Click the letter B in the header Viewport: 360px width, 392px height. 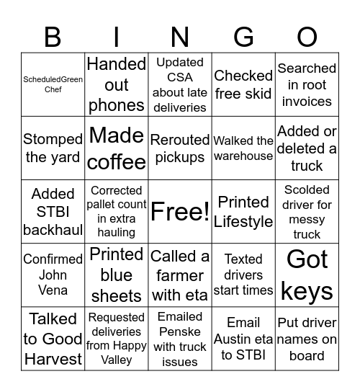click(x=53, y=37)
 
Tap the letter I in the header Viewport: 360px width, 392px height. click(x=116, y=37)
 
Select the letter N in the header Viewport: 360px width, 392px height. click(x=180, y=37)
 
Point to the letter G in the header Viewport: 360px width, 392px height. click(x=243, y=37)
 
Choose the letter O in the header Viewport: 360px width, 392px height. click(x=307, y=37)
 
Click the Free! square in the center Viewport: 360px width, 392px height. click(x=180, y=212)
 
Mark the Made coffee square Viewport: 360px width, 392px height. click(x=117, y=148)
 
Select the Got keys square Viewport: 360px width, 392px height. click(x=307, y=275)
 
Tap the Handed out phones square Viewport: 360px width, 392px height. click(x=117, y=85)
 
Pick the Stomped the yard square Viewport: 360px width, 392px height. click(x=53, y=148)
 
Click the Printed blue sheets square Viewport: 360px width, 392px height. click(x=117, y=275)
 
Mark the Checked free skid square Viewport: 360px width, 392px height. click(x=243, y=85)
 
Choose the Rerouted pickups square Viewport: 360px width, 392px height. click(x=180, y=148)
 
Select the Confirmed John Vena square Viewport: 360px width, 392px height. click(x=53, y=275)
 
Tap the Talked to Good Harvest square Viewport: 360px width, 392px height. click(x=53, y=338)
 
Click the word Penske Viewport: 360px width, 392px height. click(x=180, y=331)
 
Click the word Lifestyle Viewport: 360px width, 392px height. click(x=243, y=221)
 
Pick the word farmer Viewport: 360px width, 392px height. click(x=180, y=275)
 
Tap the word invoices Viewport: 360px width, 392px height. click(x=307, y=102)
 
